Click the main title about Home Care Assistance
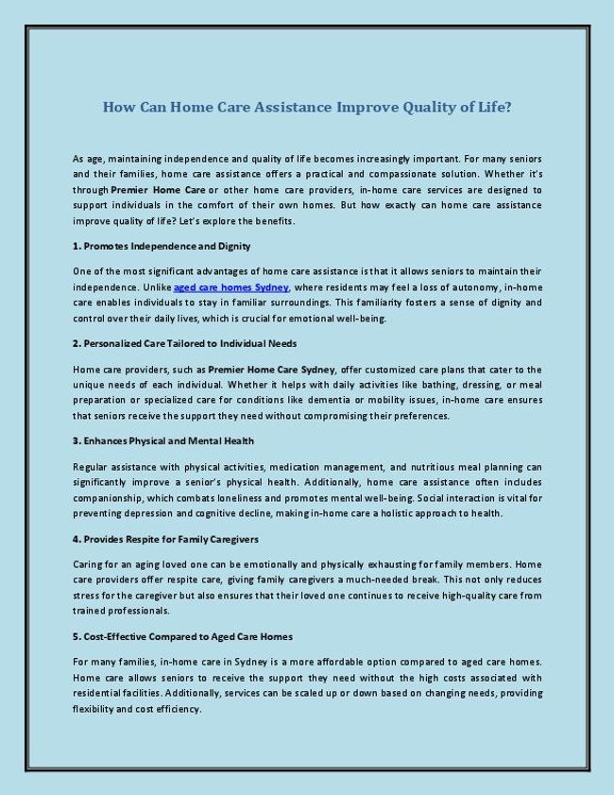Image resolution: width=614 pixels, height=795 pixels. point(307,107)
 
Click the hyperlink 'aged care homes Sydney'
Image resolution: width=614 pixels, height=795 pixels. point(231,286)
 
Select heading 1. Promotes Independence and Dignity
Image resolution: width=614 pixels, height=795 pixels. point(162,246)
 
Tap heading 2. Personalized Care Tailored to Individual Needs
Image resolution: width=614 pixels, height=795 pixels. point(184,343)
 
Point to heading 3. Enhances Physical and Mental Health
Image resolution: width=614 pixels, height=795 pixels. point(163,441)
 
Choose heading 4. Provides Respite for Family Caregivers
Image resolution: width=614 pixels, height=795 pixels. point(165,538)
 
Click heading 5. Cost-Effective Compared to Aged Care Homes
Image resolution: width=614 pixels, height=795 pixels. point(182,635)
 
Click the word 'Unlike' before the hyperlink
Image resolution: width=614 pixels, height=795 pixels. point(156,286)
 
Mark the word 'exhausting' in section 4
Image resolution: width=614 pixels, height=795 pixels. point(407,563)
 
